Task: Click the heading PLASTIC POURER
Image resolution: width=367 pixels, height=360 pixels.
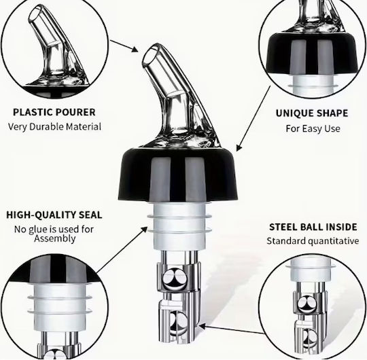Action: [54, 112]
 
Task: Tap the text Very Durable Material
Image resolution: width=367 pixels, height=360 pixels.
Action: [54, 127]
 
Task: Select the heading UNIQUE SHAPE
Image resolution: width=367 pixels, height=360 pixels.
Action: [312, 113]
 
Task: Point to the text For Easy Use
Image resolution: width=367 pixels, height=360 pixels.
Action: [313, 128]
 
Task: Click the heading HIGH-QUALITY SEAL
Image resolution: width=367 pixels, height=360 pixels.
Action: [54, 215]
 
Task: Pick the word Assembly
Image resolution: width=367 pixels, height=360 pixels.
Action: [55, 239]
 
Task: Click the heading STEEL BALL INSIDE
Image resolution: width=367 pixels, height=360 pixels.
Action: [313, 227]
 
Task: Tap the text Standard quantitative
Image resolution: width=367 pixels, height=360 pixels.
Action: [313, 241]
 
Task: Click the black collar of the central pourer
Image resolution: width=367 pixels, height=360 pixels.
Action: [178, 175]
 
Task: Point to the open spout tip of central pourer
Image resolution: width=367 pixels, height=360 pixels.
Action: [150, 56]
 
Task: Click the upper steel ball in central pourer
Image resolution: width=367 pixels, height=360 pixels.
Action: [175, 279]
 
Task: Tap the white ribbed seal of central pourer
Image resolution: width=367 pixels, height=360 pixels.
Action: [179, 226]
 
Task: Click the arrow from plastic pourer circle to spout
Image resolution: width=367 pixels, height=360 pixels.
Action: [124, 46]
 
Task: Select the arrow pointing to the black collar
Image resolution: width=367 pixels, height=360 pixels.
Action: [254, 118]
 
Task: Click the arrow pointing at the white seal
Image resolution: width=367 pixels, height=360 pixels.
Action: [122, 249]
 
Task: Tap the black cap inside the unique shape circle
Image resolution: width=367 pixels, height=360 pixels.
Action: [312, 54]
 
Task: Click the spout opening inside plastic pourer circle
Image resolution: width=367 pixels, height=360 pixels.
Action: [35, 15]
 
